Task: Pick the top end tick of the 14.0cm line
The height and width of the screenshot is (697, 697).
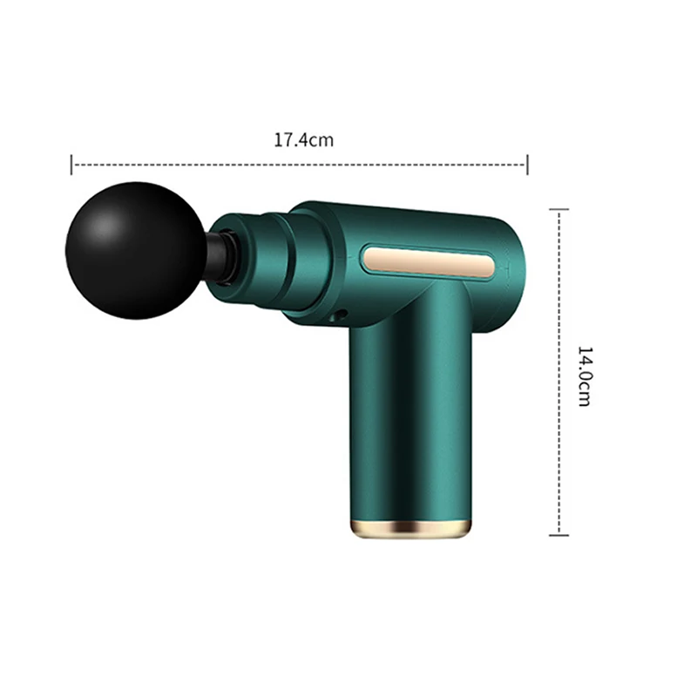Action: tap(558, 210)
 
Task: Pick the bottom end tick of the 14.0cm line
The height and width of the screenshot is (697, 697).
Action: tap(558, 534)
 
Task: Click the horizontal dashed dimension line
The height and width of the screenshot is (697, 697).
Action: tap(296, 163)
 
